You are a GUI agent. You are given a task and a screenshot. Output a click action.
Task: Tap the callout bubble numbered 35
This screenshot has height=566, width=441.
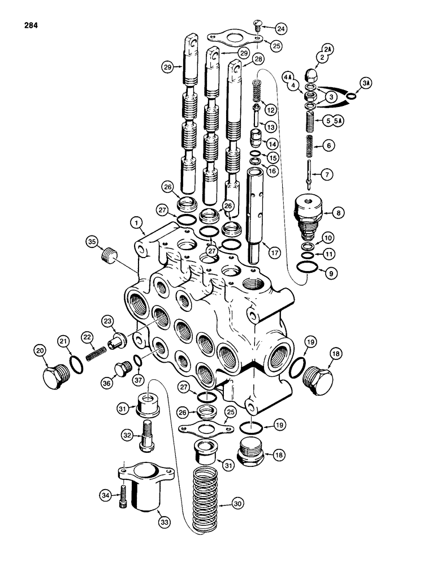[x=91, y=244]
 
